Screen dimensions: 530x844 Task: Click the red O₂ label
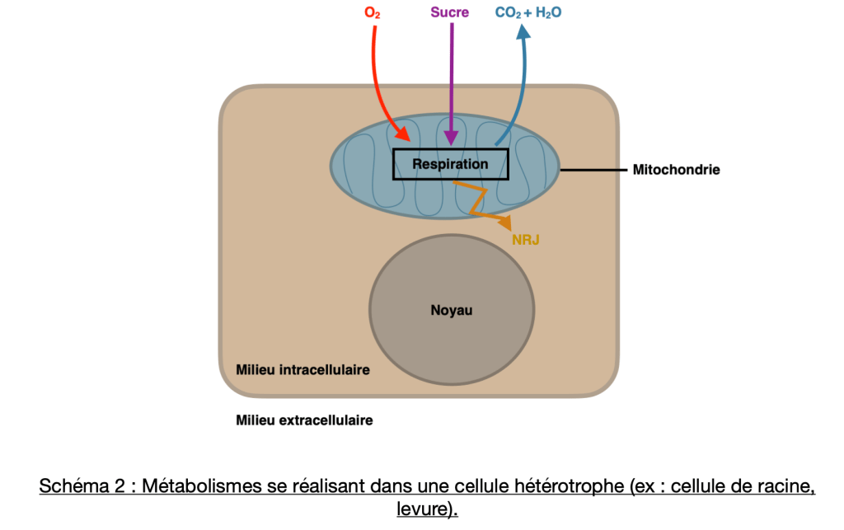(372, 13)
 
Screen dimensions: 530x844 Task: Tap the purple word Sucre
(449, 13)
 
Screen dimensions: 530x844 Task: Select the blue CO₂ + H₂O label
(528, 13)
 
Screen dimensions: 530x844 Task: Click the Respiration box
(450, 164)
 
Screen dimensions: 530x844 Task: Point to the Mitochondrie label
(677, 170)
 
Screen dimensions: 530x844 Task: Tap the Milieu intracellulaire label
(302, 369)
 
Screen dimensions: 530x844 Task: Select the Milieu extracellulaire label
(304, 420)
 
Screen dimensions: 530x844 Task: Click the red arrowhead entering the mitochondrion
(403, 135)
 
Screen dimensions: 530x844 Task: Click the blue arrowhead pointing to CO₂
(523, 30)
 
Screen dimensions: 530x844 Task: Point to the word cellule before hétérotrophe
(467, 486)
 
